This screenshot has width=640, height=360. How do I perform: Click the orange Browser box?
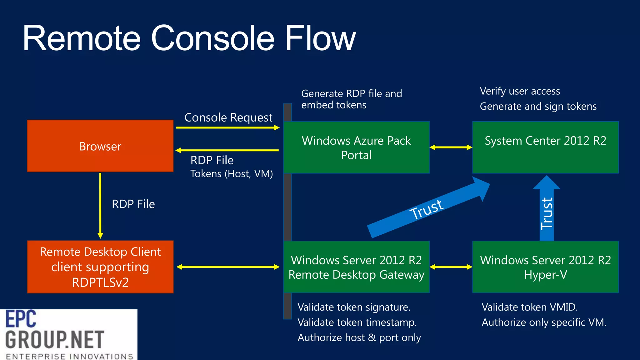click(x=100, y=146)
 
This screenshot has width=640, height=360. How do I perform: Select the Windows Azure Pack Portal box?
click(x=356, y=147)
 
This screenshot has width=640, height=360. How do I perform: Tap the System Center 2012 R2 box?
click(x=545, y=147)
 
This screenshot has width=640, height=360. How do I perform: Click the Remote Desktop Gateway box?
click(x=356, y=267)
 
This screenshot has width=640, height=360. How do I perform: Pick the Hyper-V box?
click(x=545, y=267)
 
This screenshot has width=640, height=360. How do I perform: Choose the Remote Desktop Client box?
click(x=100, y=267)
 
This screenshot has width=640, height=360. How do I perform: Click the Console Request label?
click(x=228, y=117)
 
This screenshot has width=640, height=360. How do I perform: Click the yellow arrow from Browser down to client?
click(x=100, y=205)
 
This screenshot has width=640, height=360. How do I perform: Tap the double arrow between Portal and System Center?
click(x=451, y=147)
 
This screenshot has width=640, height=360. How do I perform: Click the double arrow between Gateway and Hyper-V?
click(x=451, y=267)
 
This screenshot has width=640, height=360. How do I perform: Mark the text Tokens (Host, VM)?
click(x=232, y=174)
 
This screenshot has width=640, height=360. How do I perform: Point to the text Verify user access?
click(x=520, y=91)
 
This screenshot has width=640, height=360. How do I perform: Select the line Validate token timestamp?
click(x=357, y=322)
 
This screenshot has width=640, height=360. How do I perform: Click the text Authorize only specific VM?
click(x=544, y=322)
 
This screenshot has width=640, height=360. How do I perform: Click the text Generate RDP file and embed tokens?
click(x=351, y=99)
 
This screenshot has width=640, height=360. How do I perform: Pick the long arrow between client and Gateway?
click(x=228, y=267)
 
